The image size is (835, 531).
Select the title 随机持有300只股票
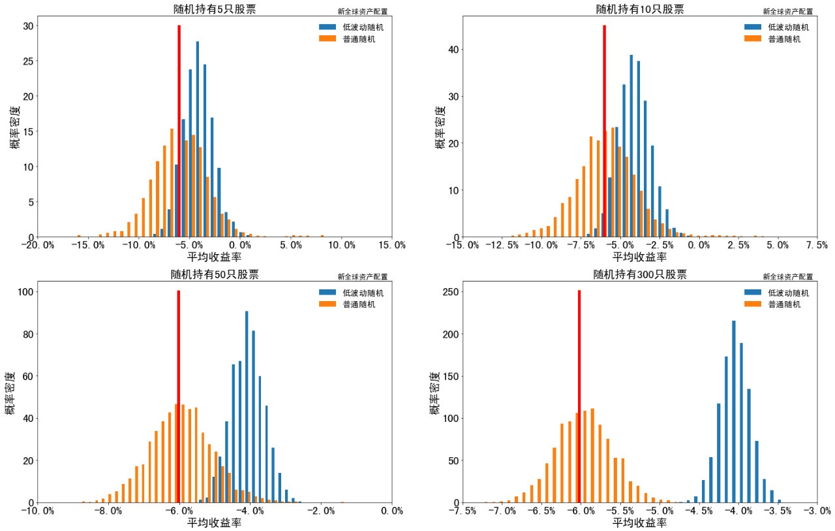[x=639, y=274]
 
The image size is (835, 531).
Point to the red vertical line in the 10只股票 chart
[x=604, y=131]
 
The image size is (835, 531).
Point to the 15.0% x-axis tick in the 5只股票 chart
[x=391, y=246]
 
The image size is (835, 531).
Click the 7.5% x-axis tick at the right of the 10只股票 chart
[x=817, y=246]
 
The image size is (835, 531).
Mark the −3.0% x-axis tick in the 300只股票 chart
[x=817, y=511]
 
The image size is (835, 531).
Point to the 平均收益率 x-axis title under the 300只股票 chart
[x=639, y=523]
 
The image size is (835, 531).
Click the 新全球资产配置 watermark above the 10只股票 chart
[x=787, y=11]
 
